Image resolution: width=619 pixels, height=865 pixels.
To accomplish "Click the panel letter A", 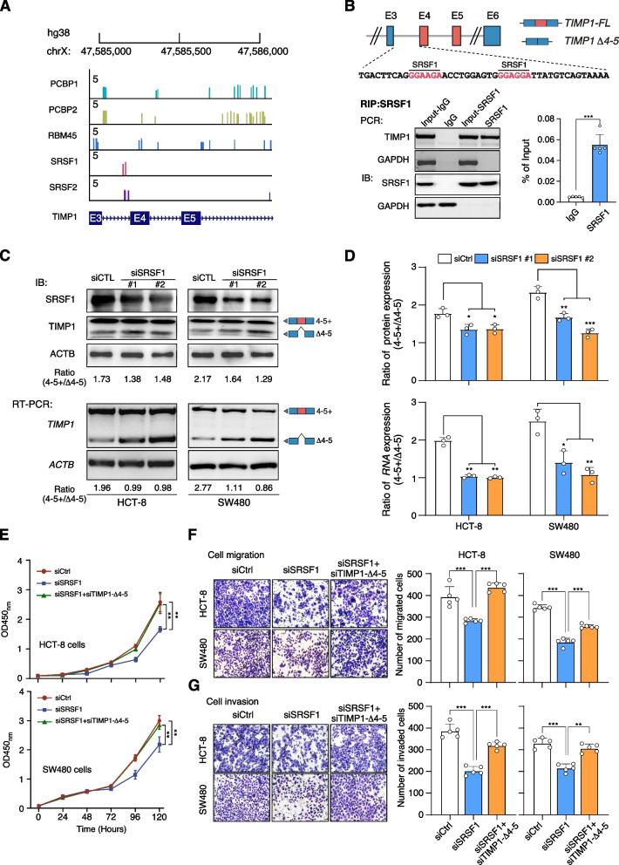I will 7,8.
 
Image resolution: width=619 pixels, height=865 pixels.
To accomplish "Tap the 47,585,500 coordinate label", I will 178,51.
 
